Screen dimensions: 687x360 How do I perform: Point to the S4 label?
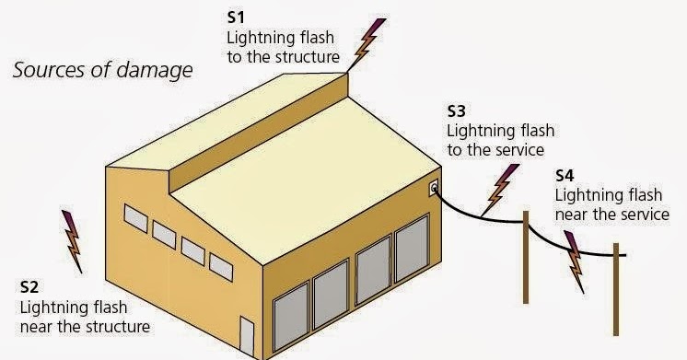567,175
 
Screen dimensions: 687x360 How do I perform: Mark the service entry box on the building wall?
433,190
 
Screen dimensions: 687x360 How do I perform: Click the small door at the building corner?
246,337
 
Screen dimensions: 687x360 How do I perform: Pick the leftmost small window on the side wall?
135,218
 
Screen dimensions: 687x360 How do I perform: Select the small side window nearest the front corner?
221,266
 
